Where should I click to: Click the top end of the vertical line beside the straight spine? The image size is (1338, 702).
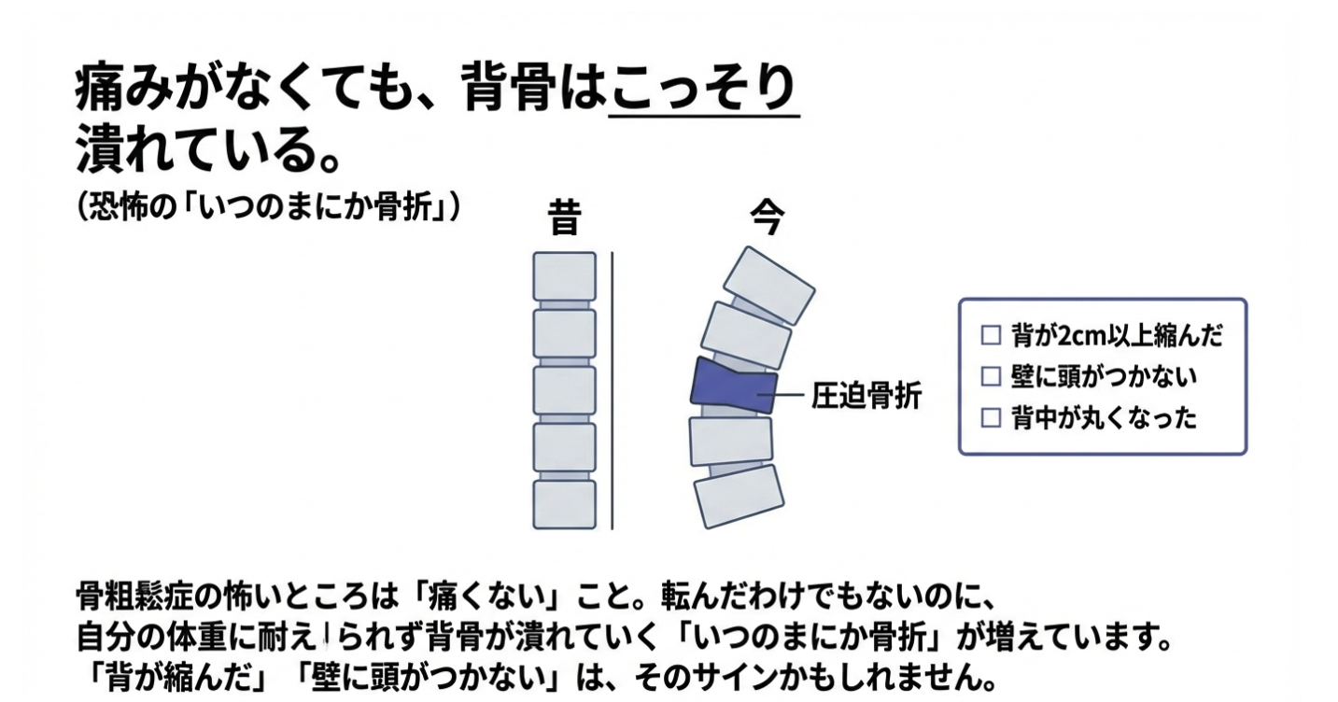click(613, 252)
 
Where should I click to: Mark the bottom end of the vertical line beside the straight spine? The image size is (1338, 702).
click(613, 529)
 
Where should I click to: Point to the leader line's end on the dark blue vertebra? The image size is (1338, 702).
click(757, 395)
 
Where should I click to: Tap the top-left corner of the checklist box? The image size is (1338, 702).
click(959, 300)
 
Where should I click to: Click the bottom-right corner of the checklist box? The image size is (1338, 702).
click(1246, 455)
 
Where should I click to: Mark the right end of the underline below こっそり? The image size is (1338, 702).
click(800, 116)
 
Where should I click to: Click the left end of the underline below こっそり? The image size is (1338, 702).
click(609, 116)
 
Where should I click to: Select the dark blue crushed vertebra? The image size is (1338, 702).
click(734, 386)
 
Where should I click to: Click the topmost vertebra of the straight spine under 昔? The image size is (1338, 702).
click(565, 276)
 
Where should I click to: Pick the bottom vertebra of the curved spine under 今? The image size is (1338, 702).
click(739, 496)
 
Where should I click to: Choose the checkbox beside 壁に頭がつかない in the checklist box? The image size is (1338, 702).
click(991, 376)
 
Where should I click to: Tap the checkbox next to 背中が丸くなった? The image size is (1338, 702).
click(991, 417)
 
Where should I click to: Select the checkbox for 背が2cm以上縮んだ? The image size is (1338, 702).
click(991, 335)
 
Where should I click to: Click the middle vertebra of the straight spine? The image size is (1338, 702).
click(565, 391)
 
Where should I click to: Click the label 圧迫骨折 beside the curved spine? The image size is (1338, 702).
click(866, 396)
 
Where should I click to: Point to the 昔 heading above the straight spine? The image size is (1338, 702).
click(564, 218)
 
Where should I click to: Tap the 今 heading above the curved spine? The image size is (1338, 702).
click(768, 218)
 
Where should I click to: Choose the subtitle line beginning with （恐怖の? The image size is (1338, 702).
click(269, 207)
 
